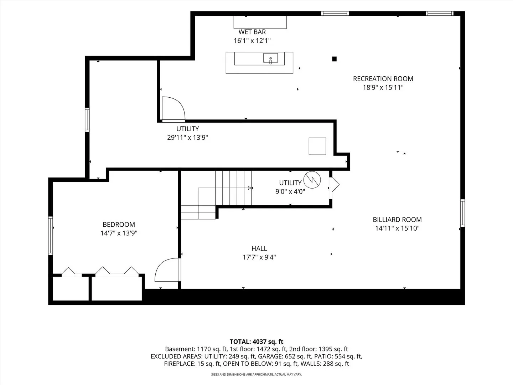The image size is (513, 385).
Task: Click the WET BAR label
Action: point(252,32)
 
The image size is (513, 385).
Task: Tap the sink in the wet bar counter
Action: point(270,58)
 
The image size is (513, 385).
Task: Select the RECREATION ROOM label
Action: point(383,79)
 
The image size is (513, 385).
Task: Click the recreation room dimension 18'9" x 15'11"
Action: point(383,87)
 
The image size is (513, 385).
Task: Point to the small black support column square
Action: point(334,59)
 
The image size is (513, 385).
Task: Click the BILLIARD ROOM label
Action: point(397,220)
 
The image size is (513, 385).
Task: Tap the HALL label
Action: point(259,248)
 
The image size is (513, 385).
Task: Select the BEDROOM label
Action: point(119,225)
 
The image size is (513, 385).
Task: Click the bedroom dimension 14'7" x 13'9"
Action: point(119,233)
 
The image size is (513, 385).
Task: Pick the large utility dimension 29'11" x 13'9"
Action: point(187,138)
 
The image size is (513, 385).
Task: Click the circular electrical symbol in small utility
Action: point(312,180)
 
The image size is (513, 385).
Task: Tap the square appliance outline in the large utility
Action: point(317,146)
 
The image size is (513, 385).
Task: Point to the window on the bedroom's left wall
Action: point(51,236)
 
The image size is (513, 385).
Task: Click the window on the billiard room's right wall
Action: point(462,213)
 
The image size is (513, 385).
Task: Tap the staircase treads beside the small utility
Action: point(233,188)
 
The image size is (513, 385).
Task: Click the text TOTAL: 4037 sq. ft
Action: point(256,342)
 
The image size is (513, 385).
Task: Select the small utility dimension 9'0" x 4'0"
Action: point(290,192)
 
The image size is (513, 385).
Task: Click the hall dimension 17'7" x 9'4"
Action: point(259,257)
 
